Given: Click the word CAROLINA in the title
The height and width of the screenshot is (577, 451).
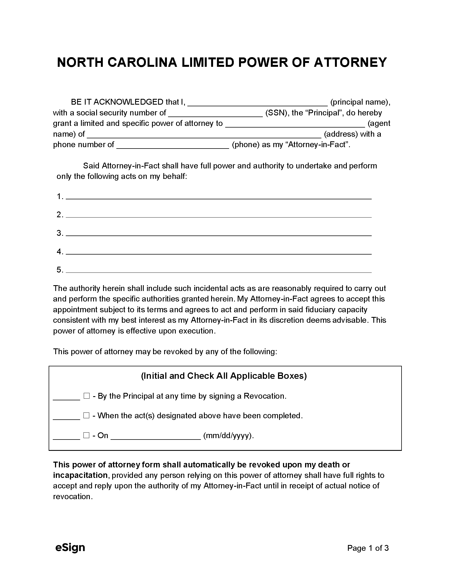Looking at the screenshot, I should click(142, 63).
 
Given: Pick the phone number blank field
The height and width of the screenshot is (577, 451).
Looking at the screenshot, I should click(173, 146).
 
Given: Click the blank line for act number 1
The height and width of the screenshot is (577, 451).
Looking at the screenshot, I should click(219, 197).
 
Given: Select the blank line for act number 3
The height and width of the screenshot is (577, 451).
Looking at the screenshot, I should click(219, 234).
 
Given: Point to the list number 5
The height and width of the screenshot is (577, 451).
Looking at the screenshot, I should click(60, 270).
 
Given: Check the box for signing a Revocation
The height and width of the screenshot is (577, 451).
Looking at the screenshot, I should click(86, 396).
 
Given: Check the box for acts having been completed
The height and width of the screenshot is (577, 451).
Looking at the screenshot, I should click(86, 415).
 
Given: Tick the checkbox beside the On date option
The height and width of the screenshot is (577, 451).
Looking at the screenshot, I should click(86, 435).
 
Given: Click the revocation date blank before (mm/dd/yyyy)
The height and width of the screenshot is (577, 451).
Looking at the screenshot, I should click(156, 436).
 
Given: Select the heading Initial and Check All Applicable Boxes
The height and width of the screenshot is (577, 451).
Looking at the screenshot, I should click(224, 376).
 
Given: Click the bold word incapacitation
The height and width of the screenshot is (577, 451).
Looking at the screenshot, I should click(80, 475).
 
